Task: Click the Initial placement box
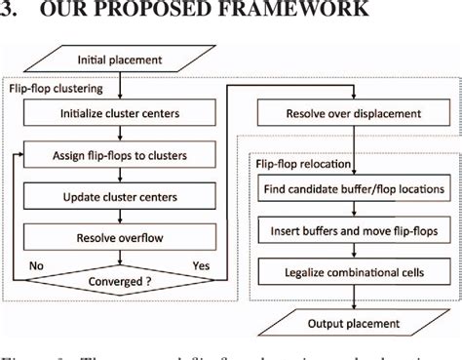pos(119,61)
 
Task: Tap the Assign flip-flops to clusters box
pos(119,155)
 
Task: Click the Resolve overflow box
pos(119,237)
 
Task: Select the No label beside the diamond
pos(36,263)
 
